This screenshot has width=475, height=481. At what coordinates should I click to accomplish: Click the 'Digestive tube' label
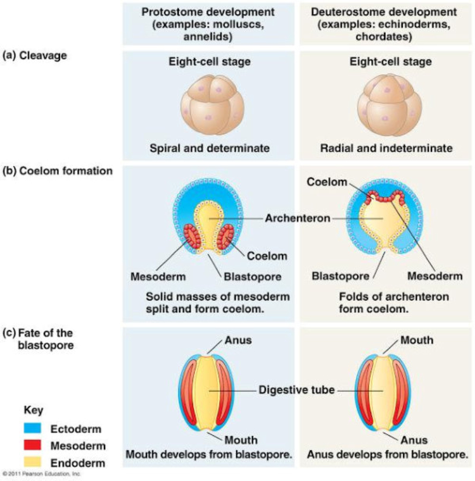click(x=297, y=390)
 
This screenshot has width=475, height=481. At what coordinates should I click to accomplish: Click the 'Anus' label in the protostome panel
click(x=237, y=341)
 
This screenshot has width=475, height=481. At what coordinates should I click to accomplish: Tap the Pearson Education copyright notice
click(x=40, y=474)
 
